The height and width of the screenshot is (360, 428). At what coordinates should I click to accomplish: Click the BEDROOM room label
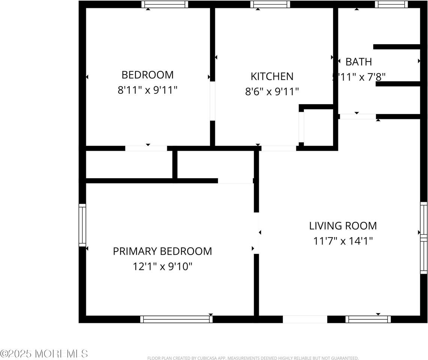(x=147, y=75)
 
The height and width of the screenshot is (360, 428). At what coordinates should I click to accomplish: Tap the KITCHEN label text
(x=272, y=76)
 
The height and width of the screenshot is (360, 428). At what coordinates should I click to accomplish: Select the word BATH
(x=359, y=62)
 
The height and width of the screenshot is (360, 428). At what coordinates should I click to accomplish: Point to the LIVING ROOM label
(x=343, y=226)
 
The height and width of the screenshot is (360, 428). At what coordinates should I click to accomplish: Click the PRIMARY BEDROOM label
(x=162, y=251)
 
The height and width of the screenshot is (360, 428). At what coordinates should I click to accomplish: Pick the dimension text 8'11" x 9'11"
(x=147, y=90)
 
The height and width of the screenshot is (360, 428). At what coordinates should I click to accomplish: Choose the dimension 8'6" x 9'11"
(x=272, y=91)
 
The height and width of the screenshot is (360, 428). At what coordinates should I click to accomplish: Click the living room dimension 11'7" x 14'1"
(x=343, y=241)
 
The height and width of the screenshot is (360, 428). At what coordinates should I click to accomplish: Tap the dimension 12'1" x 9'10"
(x=162, y=267)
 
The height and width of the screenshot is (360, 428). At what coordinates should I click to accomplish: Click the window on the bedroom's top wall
(x=165, y=4)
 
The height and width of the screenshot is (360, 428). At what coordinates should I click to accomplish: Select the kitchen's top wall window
(x=270, y=4)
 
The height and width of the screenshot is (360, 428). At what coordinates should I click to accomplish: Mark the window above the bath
(x=391, y=4)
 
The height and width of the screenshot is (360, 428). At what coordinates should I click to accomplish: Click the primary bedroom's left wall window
(x=82, y=225)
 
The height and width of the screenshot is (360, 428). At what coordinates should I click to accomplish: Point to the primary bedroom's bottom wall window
(x=176, y=319)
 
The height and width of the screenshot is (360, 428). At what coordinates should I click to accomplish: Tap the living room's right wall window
(x=423, y=238)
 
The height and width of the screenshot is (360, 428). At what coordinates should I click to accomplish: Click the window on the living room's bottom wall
(x=368, y=319)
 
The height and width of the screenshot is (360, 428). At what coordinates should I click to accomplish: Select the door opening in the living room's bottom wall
(x=305, y=319)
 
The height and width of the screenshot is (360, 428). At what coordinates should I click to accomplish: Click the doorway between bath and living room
(x=357, y=117)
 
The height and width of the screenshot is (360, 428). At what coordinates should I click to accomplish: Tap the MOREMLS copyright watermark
(x=44, y=353)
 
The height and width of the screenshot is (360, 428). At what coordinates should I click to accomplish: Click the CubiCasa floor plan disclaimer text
(x=253, y=358)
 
